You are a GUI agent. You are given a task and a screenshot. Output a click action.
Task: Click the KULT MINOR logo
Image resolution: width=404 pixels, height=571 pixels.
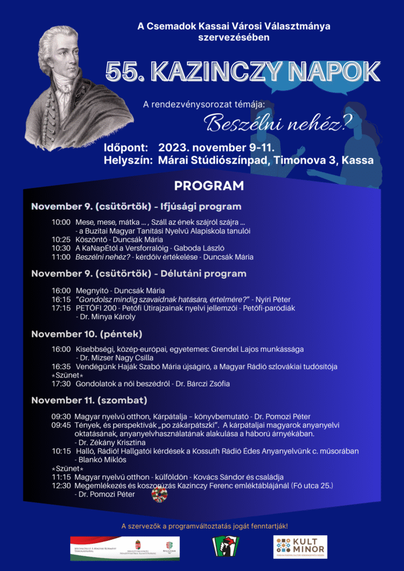[300, 547]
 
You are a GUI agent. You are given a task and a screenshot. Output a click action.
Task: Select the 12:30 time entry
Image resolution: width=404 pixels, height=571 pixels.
[61, 486]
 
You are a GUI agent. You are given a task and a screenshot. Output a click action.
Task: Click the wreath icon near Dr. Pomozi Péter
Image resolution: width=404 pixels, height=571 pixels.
[159, 495]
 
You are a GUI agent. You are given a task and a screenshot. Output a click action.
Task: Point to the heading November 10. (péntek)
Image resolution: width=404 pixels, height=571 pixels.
[86, 334]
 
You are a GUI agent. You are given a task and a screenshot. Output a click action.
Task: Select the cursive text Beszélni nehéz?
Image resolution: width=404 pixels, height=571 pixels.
[274, 122]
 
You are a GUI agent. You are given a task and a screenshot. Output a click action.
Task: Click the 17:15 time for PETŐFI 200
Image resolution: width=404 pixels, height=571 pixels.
[61, 308]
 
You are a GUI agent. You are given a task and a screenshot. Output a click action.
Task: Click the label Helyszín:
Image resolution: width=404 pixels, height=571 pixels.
[128, 161]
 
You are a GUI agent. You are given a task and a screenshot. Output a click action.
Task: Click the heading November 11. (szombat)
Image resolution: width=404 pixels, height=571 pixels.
[89, 400]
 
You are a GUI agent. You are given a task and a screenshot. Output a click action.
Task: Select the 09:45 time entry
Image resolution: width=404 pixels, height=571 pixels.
[61, 425]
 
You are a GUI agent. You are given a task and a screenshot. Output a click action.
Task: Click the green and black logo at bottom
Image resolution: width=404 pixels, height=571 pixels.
[226, 547]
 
